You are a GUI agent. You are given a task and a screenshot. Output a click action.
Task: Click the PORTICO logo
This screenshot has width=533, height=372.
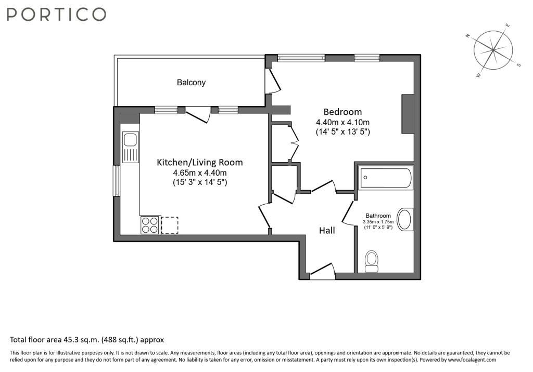pos(56,15)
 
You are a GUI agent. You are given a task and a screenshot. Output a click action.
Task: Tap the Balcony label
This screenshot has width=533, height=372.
pos(191,83)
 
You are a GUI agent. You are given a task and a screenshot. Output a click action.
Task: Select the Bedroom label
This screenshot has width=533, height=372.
pos(342,112)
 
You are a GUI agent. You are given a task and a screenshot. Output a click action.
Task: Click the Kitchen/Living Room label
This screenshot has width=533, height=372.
pos(200,162)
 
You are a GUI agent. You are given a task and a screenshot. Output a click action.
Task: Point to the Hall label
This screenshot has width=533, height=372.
pos(327,231)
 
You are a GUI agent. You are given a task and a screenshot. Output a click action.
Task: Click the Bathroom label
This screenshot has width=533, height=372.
pos(378,216)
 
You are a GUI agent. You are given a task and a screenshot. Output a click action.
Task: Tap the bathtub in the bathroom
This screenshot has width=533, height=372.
pos(386,178)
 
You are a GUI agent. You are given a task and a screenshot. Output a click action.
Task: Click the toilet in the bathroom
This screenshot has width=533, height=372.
pos(371,261)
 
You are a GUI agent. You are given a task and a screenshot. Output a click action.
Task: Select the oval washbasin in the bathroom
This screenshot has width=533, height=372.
pos(404,220)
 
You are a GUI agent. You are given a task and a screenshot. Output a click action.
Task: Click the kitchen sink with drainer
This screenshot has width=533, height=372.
pos(131,148)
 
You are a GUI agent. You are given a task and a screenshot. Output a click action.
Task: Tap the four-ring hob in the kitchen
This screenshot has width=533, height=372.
pos(150,225)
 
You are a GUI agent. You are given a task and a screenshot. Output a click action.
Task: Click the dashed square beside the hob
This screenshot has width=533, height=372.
pos(170,225)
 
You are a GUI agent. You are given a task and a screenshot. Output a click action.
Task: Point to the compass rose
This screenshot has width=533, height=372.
pos(493,50)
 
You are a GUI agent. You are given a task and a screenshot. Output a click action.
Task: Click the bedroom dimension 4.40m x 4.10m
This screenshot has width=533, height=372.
pos(342,122)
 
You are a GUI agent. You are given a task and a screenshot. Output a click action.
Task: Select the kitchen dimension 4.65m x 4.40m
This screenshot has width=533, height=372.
pos(200,173)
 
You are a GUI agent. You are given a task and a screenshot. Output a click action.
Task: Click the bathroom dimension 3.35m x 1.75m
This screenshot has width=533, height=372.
pos(378,222)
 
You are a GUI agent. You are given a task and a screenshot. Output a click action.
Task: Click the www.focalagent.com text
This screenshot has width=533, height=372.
pos(472,360)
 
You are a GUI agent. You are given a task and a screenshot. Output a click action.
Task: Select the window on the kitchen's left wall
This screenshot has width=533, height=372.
pos(117,181)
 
